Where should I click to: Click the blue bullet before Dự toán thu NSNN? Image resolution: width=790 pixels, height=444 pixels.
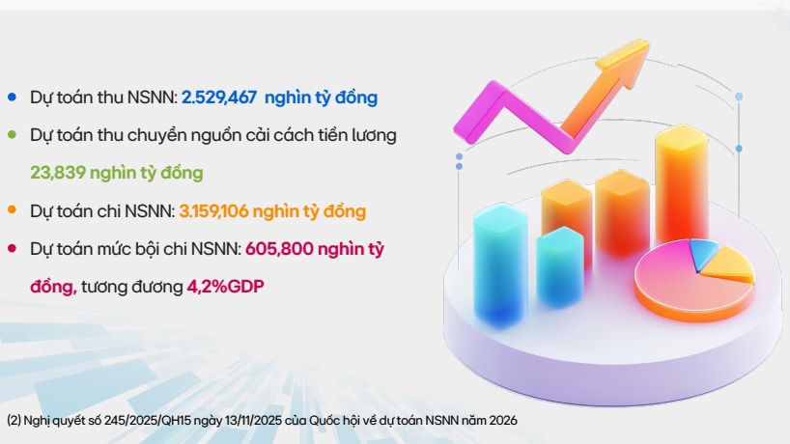tap(12, 97)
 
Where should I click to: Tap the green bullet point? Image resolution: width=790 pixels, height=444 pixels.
tap(12, 135)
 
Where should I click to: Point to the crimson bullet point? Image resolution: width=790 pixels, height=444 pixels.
tap(12, 248)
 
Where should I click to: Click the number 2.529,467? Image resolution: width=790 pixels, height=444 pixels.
tap(219, 97)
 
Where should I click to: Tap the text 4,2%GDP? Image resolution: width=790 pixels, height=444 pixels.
tap(225, 286)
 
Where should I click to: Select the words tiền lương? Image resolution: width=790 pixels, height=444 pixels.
tap(359, 135)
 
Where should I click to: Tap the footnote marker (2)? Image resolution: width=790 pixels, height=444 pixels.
tap(14, 421)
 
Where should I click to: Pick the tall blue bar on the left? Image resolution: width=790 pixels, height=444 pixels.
tap(500, 261)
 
